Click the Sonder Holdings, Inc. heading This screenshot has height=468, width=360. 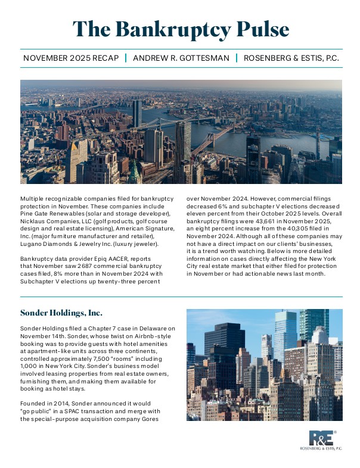61,313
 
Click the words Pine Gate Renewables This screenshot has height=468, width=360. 57,213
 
